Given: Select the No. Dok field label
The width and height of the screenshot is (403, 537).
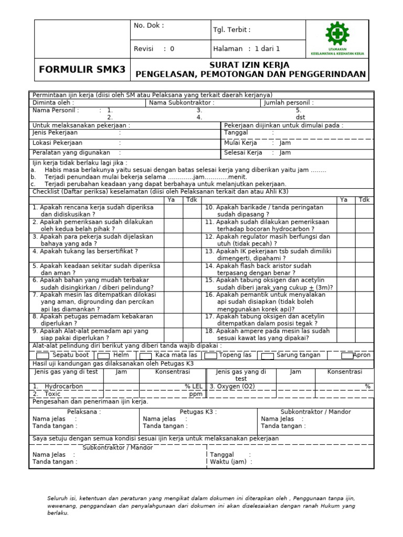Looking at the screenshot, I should tap(149, 26).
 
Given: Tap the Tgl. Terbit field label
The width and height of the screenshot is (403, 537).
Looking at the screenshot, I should tap(231, 30).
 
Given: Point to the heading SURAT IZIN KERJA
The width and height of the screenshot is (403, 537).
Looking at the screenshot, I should tap(250, 65).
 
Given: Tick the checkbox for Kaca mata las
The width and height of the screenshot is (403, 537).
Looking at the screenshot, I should tap(144, 356).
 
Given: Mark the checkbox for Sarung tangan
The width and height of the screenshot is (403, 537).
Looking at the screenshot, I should tap(267, 356).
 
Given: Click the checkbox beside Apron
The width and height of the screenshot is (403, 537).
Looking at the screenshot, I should tap(346, 356).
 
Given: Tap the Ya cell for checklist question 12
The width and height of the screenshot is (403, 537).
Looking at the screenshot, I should tap(346, 240).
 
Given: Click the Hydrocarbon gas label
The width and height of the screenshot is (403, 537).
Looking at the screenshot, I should tap(63, 386).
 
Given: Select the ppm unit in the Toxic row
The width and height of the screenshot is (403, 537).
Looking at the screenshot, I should tap(196, 394).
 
